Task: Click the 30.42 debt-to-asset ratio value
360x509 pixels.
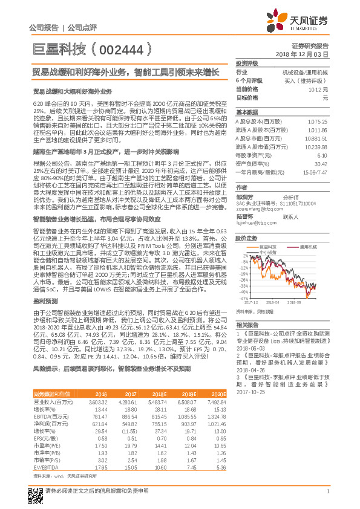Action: coord(321,163)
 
